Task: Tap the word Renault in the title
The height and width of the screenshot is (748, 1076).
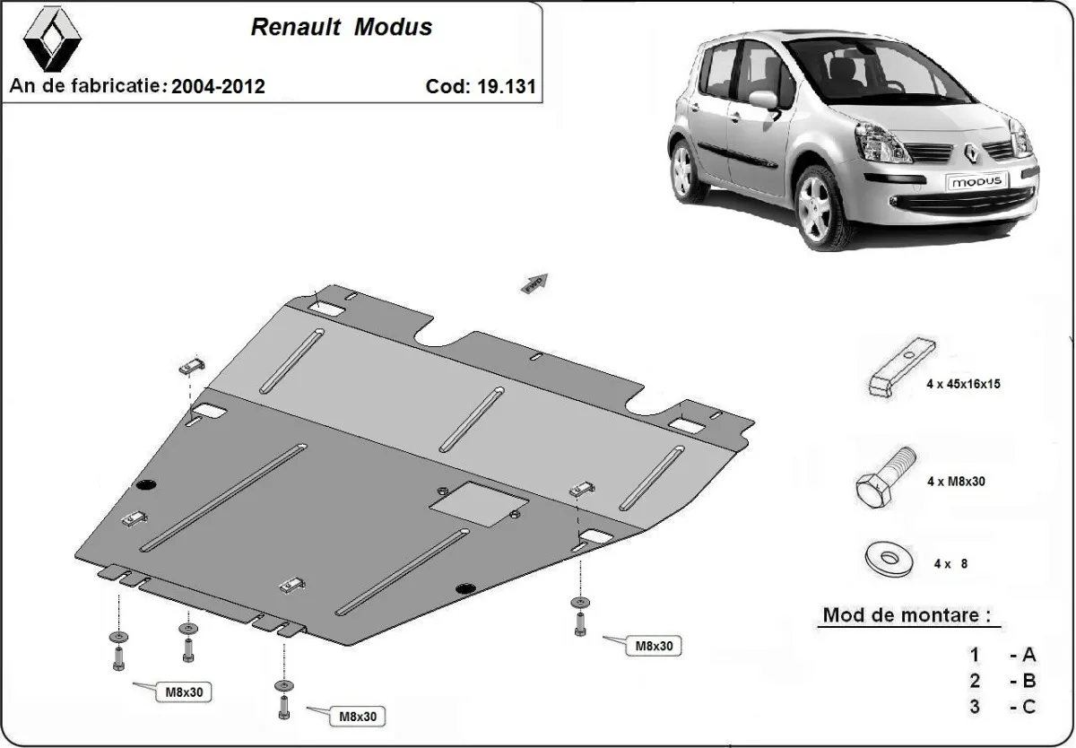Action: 295,27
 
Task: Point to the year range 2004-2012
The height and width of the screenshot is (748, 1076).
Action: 218,86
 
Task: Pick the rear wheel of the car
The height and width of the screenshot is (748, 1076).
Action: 683,170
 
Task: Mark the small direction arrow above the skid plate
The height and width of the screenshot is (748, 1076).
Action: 534,283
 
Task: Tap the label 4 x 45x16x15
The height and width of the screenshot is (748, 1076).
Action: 963,384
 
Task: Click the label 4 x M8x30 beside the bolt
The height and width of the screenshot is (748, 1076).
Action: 956,482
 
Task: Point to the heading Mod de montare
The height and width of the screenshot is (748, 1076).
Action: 907,617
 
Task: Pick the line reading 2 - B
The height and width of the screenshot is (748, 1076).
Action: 1002,680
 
